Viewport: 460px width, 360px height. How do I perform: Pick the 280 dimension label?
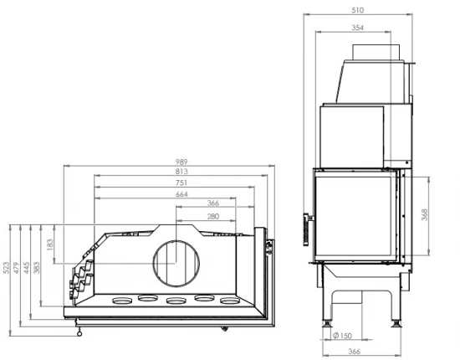[x=213, y=216]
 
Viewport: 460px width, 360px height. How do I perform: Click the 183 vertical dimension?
[x=49, y=245]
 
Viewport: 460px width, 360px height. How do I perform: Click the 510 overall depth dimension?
[x=357, y=11]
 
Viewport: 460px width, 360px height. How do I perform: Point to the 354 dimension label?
[x=357, y=27]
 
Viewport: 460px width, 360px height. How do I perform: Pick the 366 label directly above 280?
[x=213, y=204]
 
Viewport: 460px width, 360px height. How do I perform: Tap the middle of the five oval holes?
[x=176, y=301]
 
